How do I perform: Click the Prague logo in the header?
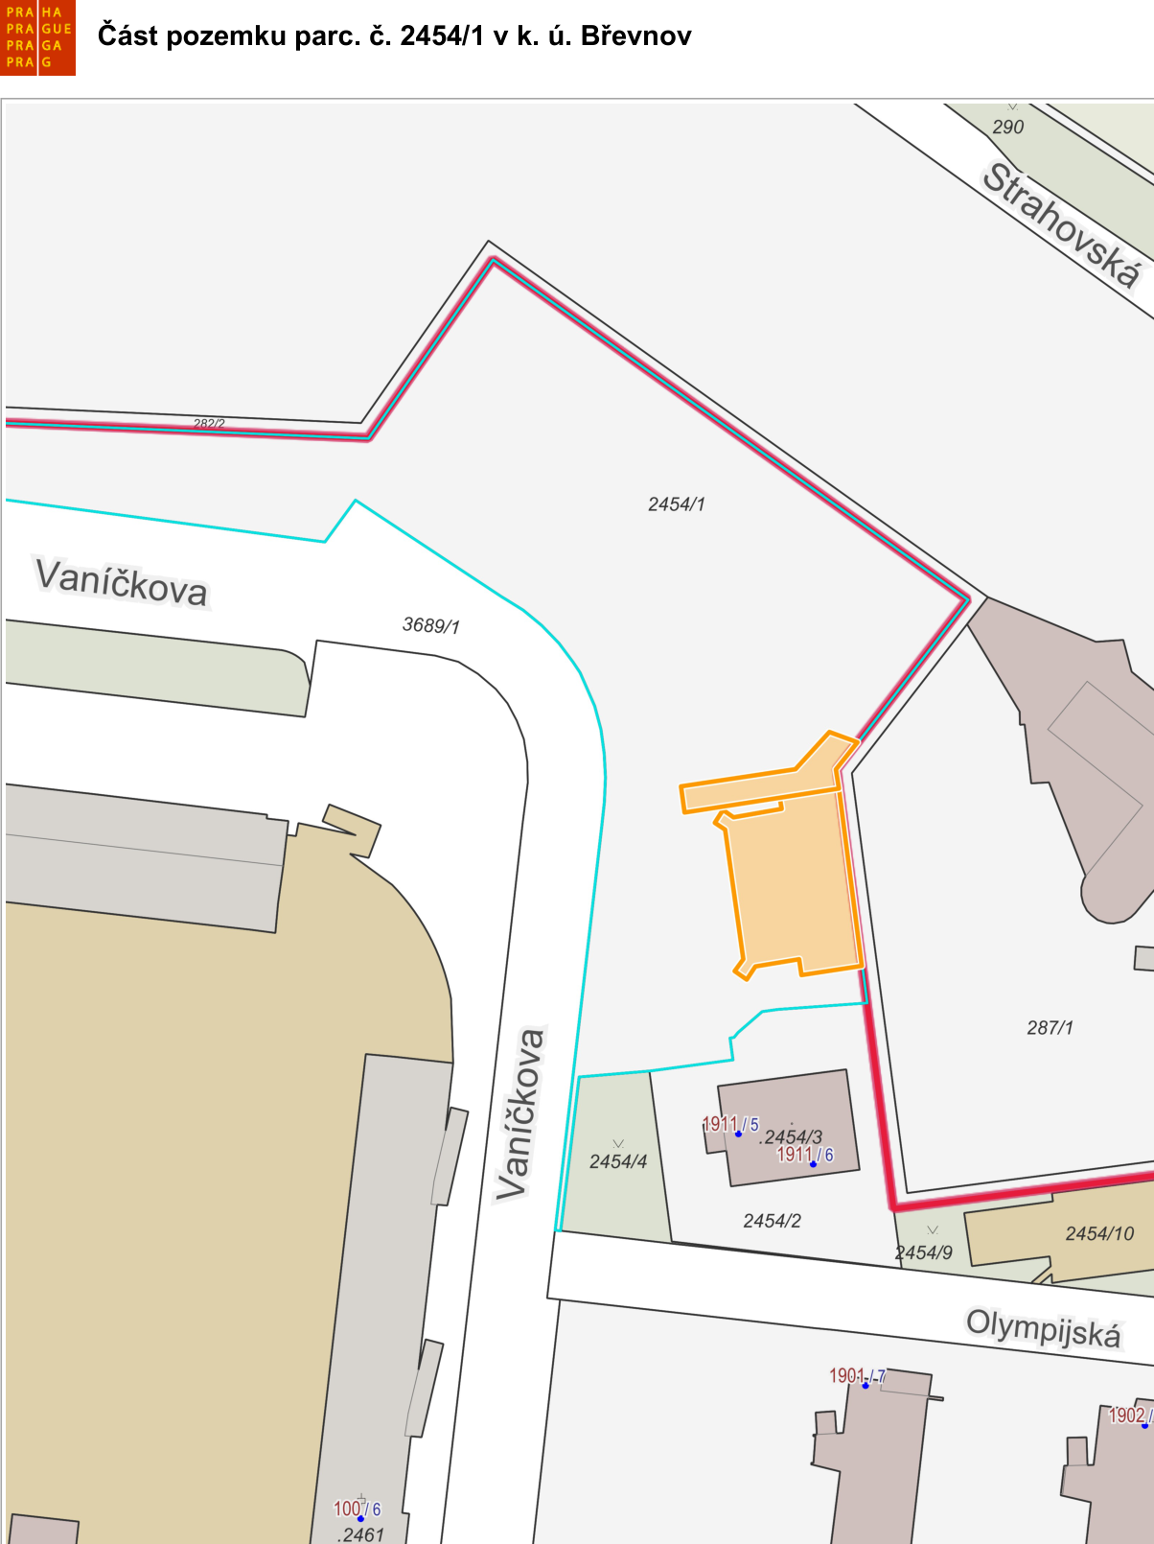click(38, 38)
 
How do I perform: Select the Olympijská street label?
click(1043, 1328)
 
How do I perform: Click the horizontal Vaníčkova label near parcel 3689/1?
click(121, 582)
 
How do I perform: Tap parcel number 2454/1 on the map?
click(677, 504)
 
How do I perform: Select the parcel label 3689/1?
click(430, 625)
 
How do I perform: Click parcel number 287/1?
click(1050, 1028)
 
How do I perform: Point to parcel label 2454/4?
click(618, 1161)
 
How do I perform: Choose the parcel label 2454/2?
click(772, 1221)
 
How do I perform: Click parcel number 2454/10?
click(1099, 1233)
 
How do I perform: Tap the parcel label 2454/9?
click(923, 1252)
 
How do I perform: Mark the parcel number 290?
click(1008, 127)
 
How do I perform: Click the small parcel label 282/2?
click(209, 423)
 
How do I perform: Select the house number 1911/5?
click(730, 1124)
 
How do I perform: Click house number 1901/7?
click(857, 1376)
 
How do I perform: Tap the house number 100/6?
click(357, 1509)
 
